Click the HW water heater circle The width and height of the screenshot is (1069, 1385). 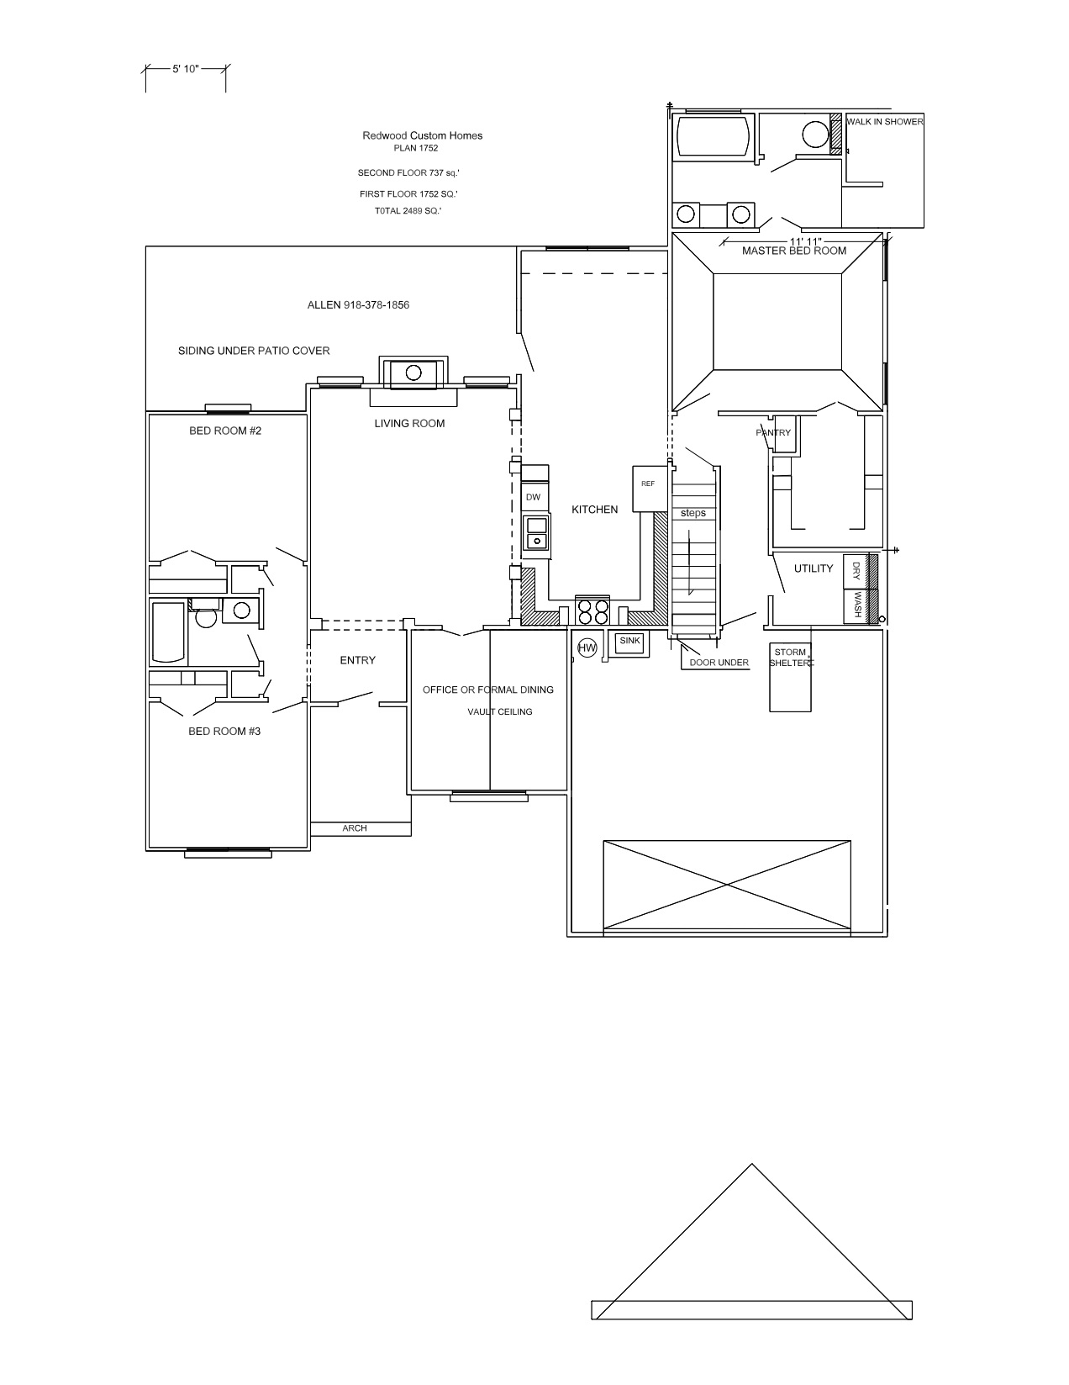pyautogui.click(x=587, y=648)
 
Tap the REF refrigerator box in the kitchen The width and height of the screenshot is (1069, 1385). pyautogui.click(x=648, y=489)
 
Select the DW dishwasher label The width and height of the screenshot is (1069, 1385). pyautogui.click(x=533, y=497)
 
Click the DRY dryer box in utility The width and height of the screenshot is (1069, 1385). pyautogui.click(x=856, y=571)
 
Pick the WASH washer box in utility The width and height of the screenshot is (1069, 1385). pyautogui.click(x=856, y=605)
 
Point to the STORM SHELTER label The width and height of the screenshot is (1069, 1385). pyautogui.click(x=791, y=658)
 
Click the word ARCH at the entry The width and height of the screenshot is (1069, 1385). pyautogui.click(x=355, y=828)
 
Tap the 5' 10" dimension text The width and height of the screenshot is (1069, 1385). pyautogui.click(x=185, y=69)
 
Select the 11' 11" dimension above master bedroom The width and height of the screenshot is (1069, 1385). pyautogui.click(x=805, y=241)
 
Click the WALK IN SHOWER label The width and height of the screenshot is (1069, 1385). pyautogui.click(x=884, y=122)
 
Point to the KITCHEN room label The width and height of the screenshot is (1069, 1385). pyautogui.click(x=595, y=510)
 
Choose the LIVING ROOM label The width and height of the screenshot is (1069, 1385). pyautogui.click(x=409, y=423)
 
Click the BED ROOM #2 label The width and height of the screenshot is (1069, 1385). pyautogui.click(x=224, y=431)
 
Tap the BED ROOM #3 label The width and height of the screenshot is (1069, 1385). pyautogui.click(x=224, y=731)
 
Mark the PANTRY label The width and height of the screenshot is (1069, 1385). pyautogui.click(x=773, y=433)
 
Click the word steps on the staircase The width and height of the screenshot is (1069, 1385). pyautogui.click(x=692, y=513)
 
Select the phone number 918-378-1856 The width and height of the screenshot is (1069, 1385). pyautogui.click(x=377, y=304)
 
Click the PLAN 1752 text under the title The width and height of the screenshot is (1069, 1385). pyautogui.click(x=416, y=148)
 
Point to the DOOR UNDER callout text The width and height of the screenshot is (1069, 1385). pyautogui.click(x=719, y=662)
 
